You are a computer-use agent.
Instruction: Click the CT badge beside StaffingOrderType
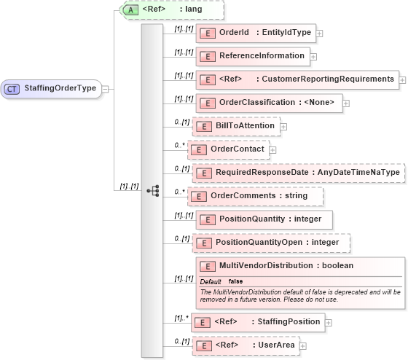click(x=12, y=89)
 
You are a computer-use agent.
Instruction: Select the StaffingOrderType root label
click(x=60, y=89)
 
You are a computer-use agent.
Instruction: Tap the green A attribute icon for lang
click(x=130, y=10)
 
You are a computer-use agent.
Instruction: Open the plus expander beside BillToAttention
click(x=283, y=127)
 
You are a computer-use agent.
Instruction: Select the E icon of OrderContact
click(x=196, y=149)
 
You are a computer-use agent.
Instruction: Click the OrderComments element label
click(x=238, y=196)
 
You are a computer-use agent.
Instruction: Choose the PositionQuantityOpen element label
click(x=257, y=243)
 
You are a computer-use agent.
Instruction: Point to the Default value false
click(x=236, y=281)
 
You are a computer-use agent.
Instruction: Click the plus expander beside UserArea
click(x=302, y=345)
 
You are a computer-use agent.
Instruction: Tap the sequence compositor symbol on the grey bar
click(x=152, y=191)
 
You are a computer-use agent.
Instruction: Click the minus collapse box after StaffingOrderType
click(x=106, y=89)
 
